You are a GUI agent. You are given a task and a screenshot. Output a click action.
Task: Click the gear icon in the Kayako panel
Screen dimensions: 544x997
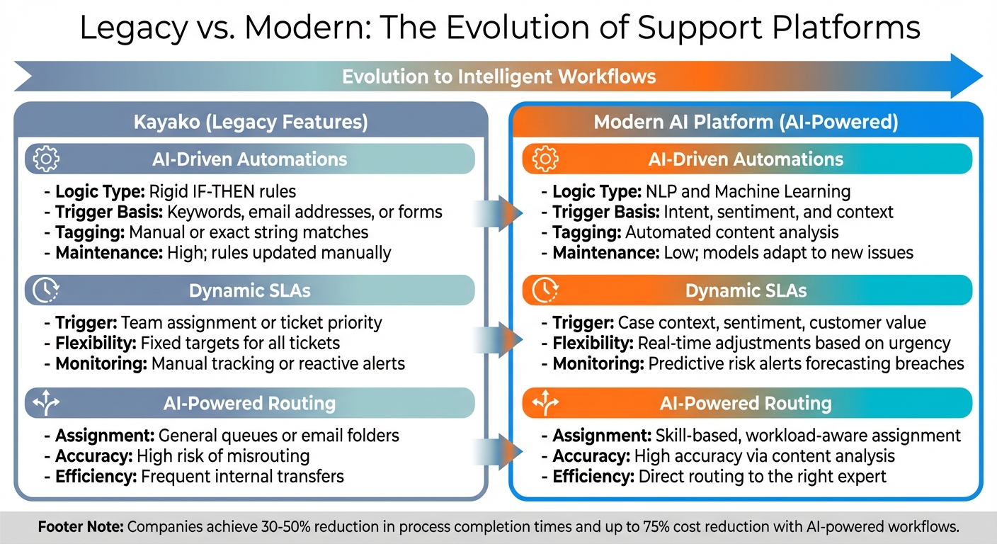coord(46,159)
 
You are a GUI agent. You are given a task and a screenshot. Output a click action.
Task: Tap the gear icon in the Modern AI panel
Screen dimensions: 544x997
coord(544,159)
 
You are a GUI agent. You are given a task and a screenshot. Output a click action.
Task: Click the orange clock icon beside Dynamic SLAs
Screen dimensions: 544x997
coord(544,290)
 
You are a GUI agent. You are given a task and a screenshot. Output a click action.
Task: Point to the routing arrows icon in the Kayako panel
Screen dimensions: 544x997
coord(46,403)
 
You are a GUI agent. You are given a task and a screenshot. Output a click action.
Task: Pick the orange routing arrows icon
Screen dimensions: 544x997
coord(544,403)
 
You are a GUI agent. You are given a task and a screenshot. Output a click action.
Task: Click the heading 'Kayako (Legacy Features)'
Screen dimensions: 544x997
coord(251,123)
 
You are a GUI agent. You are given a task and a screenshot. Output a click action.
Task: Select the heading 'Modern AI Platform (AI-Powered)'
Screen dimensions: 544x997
coord(746,123)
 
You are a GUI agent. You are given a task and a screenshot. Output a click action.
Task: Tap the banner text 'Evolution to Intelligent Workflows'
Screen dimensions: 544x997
coord(498,76)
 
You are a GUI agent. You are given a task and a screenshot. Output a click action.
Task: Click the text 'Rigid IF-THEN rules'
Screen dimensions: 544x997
coord(222,191)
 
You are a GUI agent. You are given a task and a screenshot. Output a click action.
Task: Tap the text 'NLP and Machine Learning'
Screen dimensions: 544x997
coord(748,191)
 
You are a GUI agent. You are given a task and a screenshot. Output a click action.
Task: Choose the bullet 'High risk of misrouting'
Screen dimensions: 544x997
coord(223,456)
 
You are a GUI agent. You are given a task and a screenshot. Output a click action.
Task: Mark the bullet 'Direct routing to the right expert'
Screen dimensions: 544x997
coord(762,477)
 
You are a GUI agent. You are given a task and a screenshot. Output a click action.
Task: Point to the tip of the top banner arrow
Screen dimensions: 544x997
coord(981,75)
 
